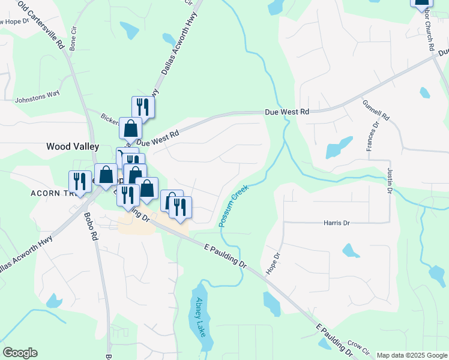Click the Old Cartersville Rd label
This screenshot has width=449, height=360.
42,25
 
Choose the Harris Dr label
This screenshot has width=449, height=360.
337,223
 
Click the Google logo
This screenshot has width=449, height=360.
20,353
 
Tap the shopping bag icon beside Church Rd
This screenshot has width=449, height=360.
421,2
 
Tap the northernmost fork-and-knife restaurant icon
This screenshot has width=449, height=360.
143,107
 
